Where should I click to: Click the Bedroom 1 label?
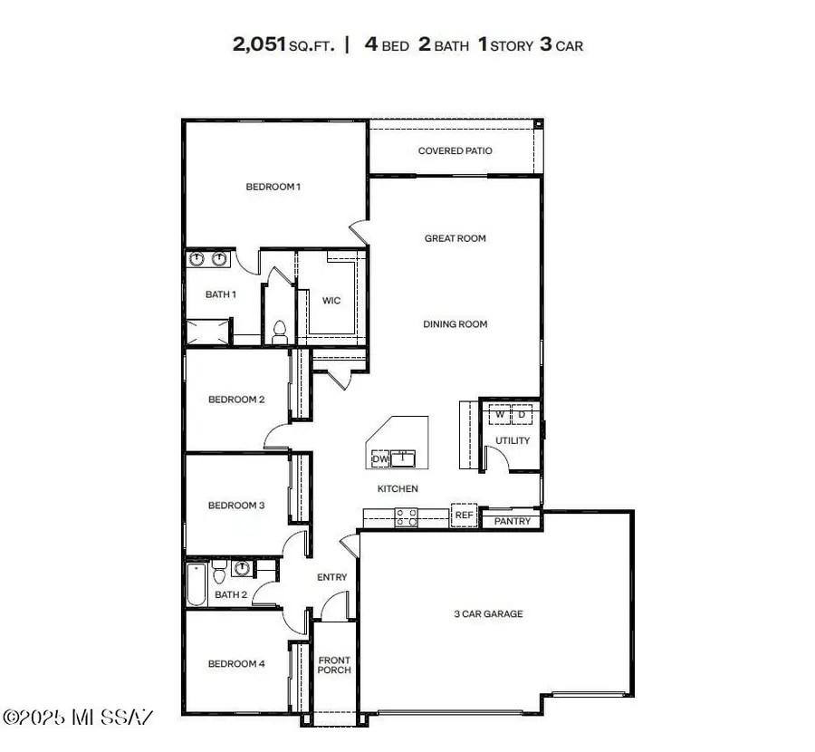click(273, 187)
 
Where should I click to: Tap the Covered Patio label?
click(455, 150)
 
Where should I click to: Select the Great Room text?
click(455, 238)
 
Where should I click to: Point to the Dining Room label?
click(455, 323)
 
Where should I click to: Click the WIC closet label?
click(331, 300)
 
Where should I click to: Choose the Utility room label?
click(512, 440)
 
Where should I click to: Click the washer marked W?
click(499, 415)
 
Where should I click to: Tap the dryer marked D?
click(522, 415)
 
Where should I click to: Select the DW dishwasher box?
click(380, 459)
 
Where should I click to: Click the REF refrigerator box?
click(464, 515)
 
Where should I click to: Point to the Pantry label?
click(512, 521)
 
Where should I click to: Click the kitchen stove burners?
click(407, 516)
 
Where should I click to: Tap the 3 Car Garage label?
click(488, 613)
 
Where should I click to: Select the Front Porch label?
click(333, 665)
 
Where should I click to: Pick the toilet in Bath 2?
click(219, 572)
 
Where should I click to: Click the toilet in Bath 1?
click(280, 330)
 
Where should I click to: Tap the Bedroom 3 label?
click(235, 505)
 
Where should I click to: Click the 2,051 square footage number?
click(259, 44)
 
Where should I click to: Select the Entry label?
click(331, 577)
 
